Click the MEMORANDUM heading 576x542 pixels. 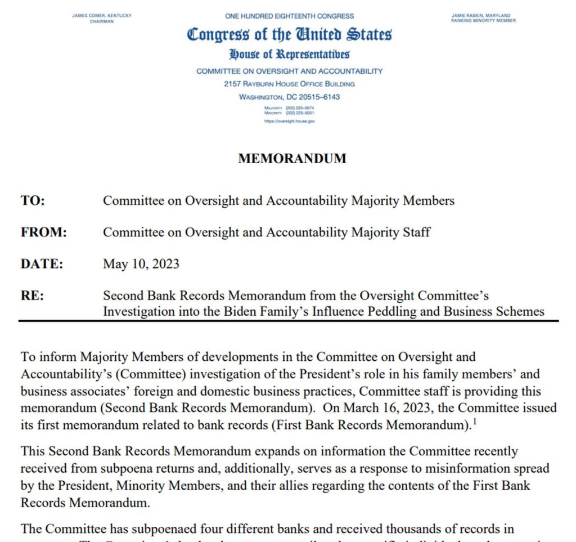(x=292, y=159)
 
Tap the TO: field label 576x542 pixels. (x=33, y=201)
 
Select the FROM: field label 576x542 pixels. (x=43, y=232)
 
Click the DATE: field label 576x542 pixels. (x=42, y=263)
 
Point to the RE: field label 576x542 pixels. (x=32, y=295)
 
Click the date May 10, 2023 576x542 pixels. (x=141, y=263)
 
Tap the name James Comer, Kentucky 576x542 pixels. (x=102, y=16)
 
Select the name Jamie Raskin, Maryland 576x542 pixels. (x=483, y=16)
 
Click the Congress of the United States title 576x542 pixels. (x=289, y=34)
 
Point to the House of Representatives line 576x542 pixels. (x=289, y=55)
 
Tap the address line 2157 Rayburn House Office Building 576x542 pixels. (x=289, y=84)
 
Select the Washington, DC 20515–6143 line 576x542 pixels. (x=289, y=97)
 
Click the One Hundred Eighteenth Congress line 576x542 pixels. (x=289, y=16)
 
